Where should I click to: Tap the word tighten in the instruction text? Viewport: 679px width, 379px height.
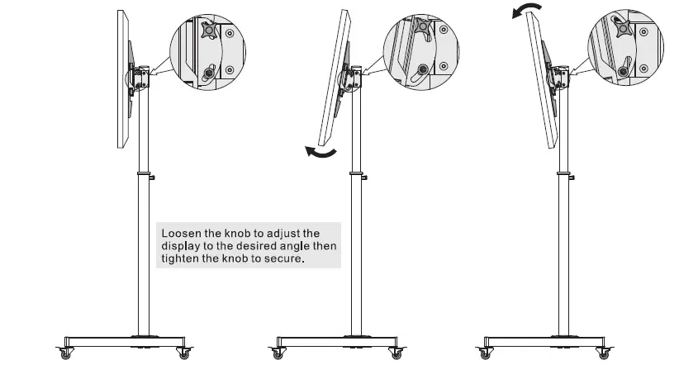tap(178, 258)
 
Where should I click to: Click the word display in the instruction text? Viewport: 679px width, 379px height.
tap(180, 245)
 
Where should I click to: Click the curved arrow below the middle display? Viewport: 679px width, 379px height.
tap(321, 153)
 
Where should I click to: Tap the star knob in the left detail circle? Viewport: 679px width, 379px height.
tap(207, 32)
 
